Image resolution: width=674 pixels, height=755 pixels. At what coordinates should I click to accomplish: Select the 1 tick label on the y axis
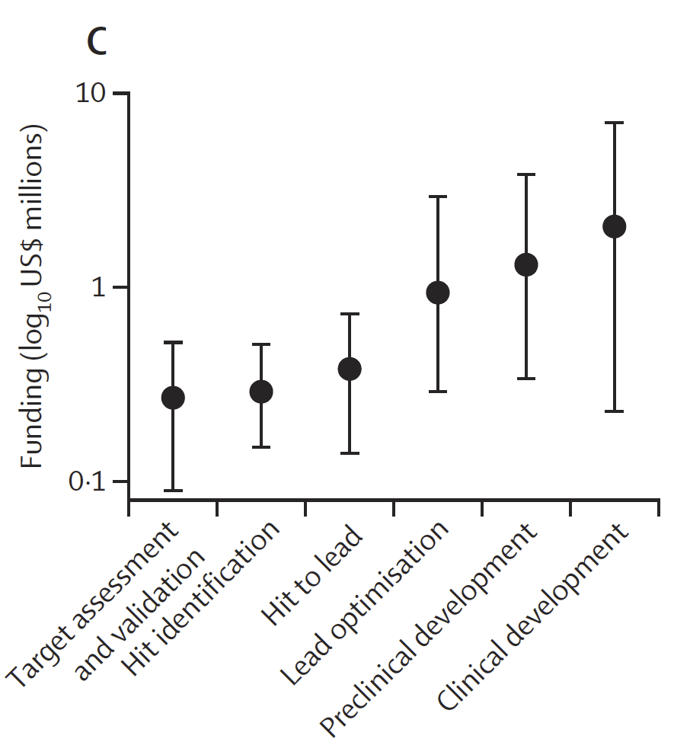click(101, 288)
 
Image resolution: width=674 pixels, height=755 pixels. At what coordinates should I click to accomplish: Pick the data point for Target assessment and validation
click(173, 398)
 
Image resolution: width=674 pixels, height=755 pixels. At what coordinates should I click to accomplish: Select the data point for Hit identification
click(261, 392)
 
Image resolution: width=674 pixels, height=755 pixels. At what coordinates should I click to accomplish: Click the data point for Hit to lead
click(350, 370)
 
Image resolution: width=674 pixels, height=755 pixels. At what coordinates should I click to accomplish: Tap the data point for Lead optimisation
click(438, 293)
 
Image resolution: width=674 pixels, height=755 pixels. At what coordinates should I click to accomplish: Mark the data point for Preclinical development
click(526, 265)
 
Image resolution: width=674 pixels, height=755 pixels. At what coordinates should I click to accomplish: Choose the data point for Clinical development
click(614, 226)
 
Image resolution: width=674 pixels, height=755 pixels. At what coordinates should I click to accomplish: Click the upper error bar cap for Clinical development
click(614, 123)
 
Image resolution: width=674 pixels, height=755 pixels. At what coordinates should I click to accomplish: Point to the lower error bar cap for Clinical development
click(614, 411)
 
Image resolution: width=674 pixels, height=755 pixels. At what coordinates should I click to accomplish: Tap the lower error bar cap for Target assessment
click(173, 491)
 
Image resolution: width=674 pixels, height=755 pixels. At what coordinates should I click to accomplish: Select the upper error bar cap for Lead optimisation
click(438, 197)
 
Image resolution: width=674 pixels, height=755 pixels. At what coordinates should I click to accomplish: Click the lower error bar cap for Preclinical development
click(526, 379)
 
